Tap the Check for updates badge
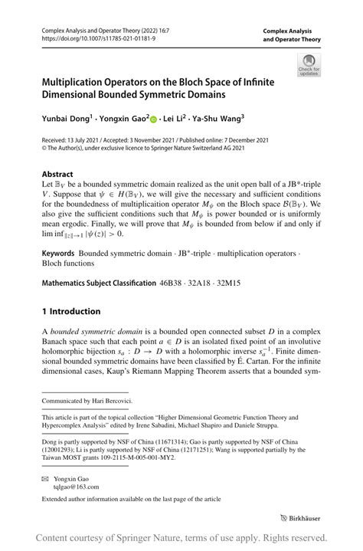309,64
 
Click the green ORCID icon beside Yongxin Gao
153,120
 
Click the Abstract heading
57,174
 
